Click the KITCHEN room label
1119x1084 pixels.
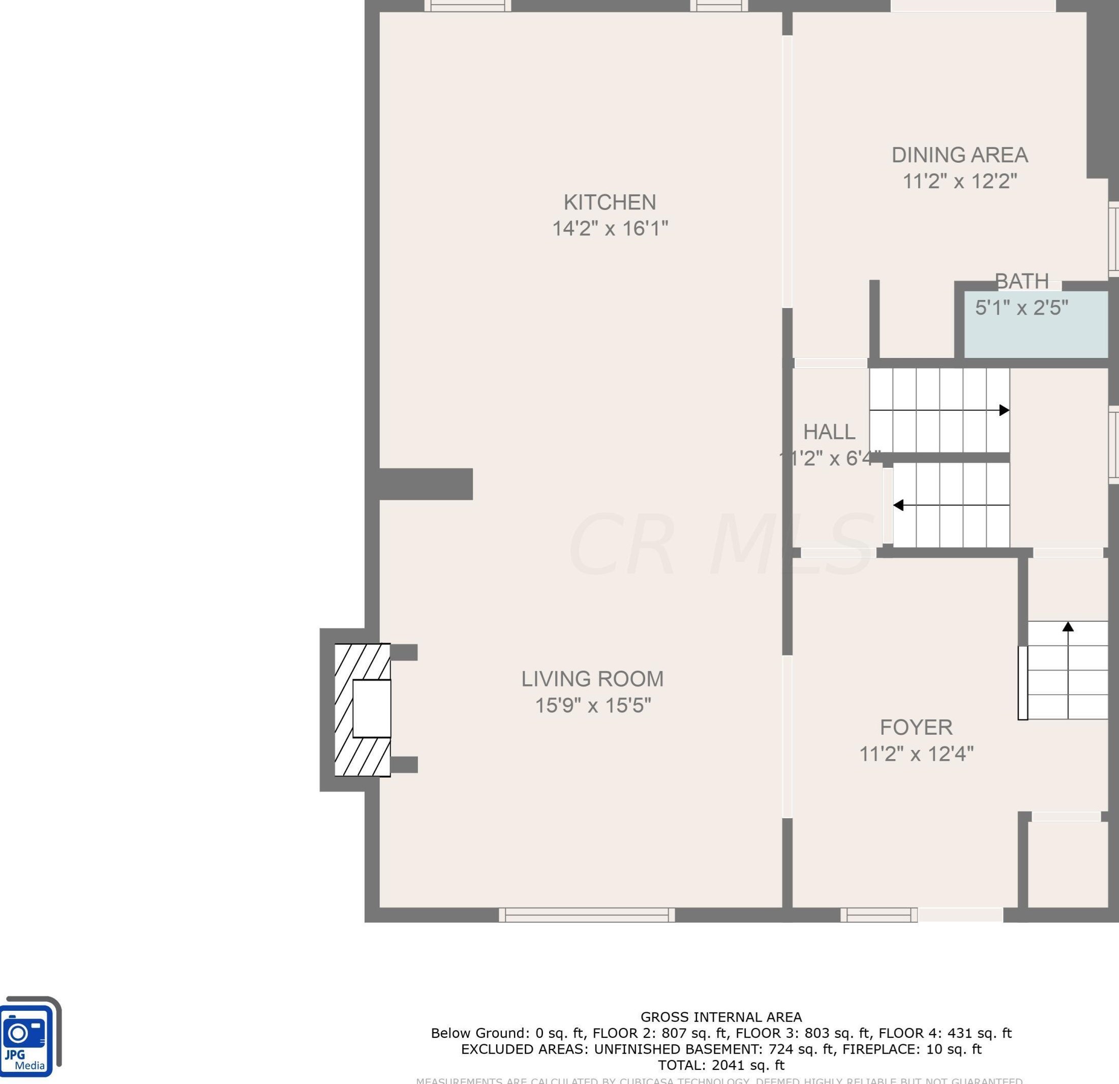[609, 202]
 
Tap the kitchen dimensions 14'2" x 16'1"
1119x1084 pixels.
[609, 228]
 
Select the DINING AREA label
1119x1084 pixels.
[959, 155]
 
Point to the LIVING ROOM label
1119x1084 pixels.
[592, 679]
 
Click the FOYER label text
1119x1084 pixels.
[916, 727]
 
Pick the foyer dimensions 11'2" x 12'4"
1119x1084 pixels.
[916, 754]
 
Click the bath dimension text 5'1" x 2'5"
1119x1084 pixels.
[1021, 308]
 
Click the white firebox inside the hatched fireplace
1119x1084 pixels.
[372, 708]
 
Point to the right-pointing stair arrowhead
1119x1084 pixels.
[1004, 410]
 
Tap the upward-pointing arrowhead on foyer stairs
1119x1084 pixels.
[1068, 627]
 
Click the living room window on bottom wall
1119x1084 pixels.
[586, 915]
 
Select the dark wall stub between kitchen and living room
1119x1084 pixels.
[426, 484]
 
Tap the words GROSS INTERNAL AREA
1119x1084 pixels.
[720, 1017]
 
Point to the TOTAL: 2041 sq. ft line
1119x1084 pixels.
[720, 1065]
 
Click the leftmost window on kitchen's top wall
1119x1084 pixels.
[467, 6]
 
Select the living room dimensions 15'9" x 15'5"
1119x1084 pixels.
[592, 706]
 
